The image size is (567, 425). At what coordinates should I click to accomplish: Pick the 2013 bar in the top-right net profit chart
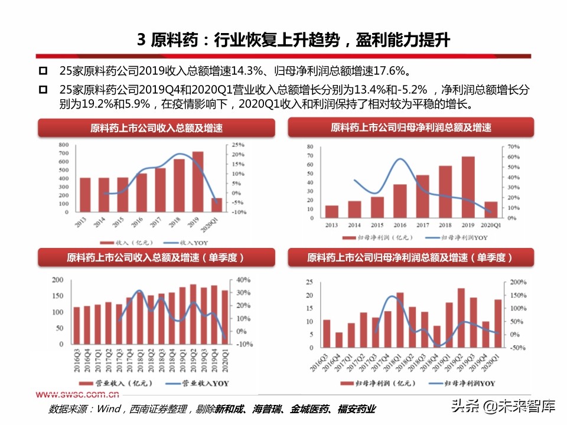click(332, 211)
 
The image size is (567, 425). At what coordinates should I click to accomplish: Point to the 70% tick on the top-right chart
click(513, 146)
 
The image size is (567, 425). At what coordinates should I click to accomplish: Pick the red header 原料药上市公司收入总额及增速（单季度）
click(156, 258)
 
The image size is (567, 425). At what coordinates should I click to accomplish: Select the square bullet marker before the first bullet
click(43, 71)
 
